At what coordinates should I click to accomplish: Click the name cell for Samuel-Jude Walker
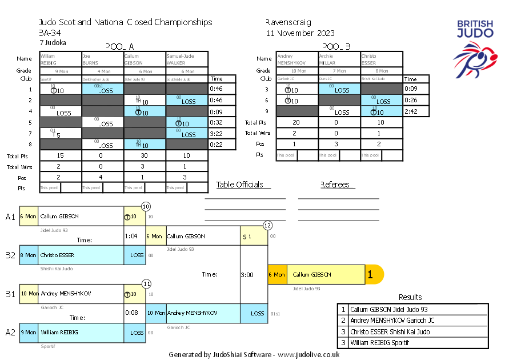click(187, 59)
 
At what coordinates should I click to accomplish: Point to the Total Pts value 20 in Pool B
click(296, 122)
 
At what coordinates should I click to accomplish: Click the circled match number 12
click(267, 226)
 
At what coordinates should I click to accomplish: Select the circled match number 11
click(146, 283)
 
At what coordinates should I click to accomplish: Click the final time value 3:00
click(247, 275)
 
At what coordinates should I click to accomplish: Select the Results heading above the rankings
click(410, 297)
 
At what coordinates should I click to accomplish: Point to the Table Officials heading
click(240, 185)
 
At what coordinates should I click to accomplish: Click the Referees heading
click(338, 185)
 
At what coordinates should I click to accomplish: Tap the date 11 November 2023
click(300, 33)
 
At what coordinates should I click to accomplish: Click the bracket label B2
click(11, 255)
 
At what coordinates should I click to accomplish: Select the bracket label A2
click(11, 333)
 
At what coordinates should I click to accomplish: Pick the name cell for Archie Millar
click(339, 59)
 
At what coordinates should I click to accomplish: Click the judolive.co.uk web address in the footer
click(308, 354)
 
